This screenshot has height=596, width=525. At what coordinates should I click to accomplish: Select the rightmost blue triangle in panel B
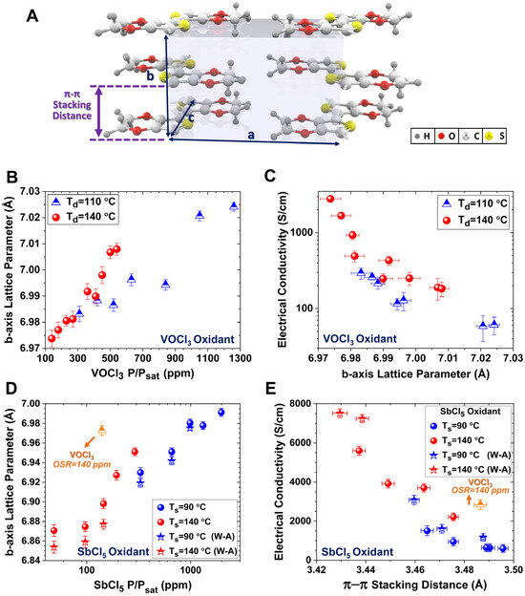[234, 205]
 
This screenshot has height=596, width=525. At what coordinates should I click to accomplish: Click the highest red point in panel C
[330, 199]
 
